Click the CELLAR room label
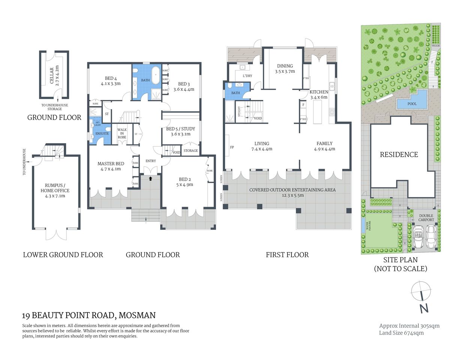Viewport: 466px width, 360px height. pyautogui.click(x=52, y=75)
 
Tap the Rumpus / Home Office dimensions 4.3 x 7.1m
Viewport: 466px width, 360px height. pyautogui.click(x=55, y=196)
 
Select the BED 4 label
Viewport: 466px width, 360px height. pyautogui.click(x=108, y=78)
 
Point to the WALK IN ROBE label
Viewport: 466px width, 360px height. pyautogui.click(x=122, y=133)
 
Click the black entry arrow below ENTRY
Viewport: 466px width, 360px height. pyautogui.click(x=150, y=178)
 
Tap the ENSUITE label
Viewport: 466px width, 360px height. pyautogui.click(x=102, y=133)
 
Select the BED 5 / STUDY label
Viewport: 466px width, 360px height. pyautogui.click(x=180, y=129)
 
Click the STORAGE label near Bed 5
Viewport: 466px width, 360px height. pyautogui.click(x=191, y=150)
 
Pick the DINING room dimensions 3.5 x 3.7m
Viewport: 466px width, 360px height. pyautogui.click(x=285, y=71)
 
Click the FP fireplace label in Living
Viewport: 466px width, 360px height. pyautogui.click(x=232, y=147)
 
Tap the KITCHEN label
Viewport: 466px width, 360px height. pyautogui.click(x=319, y=92)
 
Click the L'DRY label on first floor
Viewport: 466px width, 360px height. pyautogui.click(x=247, y=76)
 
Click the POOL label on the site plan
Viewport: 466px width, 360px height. pyautogui.click(x=412, y=104)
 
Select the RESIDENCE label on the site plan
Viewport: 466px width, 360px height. pyautogui.click(x=399, y=154)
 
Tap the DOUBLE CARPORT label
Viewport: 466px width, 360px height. pyautogui.click(x=426, y=217)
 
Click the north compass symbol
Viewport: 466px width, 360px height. pyautogui.click(x=421, y=291)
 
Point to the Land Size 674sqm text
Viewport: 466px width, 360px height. pyautogui.click(x=401, y=333)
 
